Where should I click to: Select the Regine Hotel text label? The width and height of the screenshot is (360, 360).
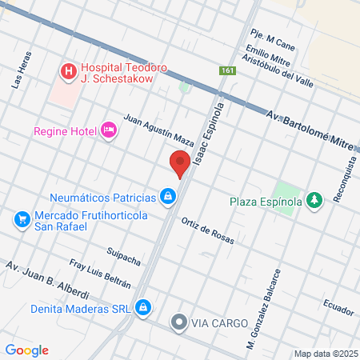tap(64, 130)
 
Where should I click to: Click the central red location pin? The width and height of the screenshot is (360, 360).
tap(180, 164)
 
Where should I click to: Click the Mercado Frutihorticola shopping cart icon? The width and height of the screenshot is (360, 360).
tap(22, 218)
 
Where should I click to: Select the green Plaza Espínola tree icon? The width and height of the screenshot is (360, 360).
tap(314, 200)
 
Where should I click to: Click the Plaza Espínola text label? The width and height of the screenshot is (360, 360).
tap(266, 201)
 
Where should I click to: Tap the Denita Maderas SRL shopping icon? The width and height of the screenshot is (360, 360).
tap(142, 306)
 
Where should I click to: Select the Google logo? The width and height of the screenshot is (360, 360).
tap(27, 350)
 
